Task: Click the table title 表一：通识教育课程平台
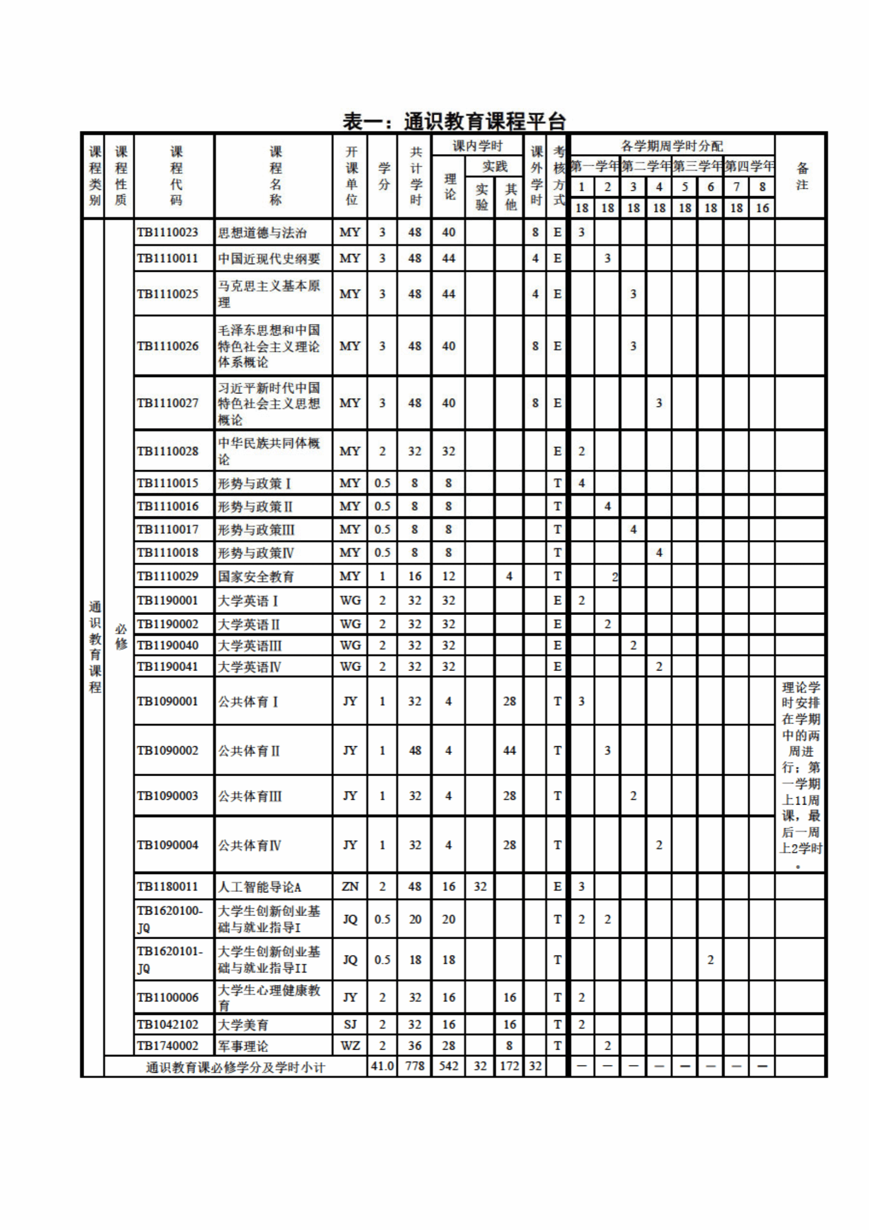tap(454, 121)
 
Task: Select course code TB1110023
tap(167, 232)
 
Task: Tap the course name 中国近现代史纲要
tap(268, 259)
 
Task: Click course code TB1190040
tap(167, 646)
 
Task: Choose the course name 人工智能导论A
tap(259, 887)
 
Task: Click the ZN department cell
tap(350, 887)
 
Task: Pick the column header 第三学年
tap(698, 166)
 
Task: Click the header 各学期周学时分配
tap(672, 146)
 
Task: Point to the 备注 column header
tap(802, 176)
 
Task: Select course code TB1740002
tap(167, 1045)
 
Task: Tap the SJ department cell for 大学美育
tap(350, 1024)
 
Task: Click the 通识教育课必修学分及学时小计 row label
tap(236, 1067)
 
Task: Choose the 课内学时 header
tap(477, 146)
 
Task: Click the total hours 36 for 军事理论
tap(415, 1045)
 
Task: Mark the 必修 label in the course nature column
tap(121, 636)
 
